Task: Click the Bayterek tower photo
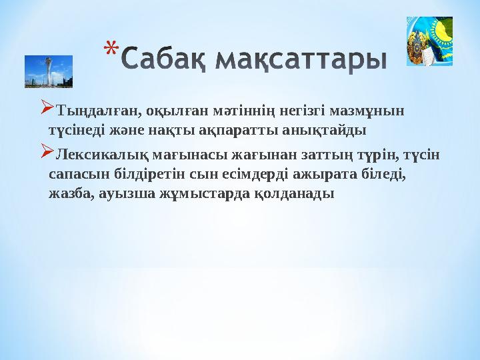point(49,71)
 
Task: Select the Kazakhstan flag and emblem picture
point(429,41)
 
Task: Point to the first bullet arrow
point(46,107)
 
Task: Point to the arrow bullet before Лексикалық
point(46,154)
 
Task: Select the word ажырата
point(325,175)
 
